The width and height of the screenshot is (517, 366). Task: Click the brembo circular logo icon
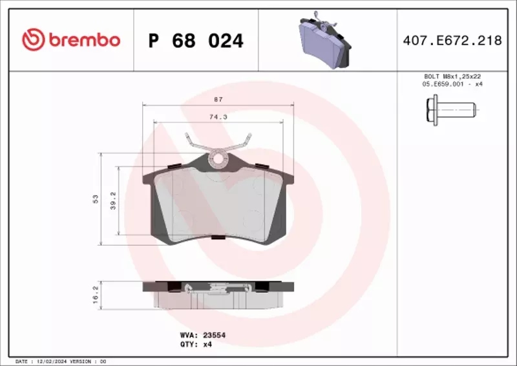pos(33,40)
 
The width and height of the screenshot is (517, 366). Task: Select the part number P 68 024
pos(196,41)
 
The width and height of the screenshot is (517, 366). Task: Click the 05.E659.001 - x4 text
pos(452,84)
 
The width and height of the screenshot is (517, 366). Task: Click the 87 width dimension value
pos(219,99)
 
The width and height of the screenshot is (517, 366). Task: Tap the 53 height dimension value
pos(95,198)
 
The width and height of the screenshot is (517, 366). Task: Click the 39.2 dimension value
pos(113,199)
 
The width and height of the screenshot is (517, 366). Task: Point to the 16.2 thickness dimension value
pos(95,295)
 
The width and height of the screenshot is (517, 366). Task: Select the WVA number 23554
pos(214,336)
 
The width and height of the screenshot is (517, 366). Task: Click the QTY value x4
pos(207,345)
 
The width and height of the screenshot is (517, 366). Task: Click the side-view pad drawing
pos(218,294)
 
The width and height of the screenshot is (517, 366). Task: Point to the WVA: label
pos(188,336)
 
